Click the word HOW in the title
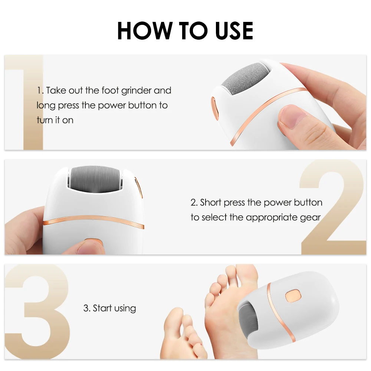coord(143,31)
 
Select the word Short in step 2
coord(211,203)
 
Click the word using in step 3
coord(125,308)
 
